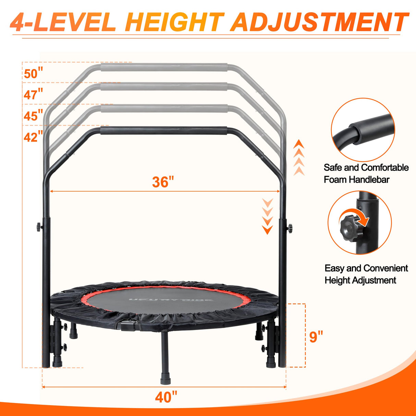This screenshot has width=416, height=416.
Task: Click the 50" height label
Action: click(34, 73)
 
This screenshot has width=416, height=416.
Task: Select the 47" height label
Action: click(33, 94)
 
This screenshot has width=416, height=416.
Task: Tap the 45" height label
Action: click(33, 115)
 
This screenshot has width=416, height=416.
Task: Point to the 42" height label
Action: click(33, 137)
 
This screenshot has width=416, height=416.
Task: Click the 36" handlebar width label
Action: click(163, 182)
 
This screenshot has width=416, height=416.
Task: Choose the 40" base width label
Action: click(166, 397)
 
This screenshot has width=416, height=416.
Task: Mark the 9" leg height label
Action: click(316, 337)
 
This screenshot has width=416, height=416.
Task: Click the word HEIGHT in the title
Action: click(175, 23)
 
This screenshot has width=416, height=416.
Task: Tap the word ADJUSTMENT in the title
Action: click(319, 23)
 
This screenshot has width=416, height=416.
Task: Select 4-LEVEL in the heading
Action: click(63, 23)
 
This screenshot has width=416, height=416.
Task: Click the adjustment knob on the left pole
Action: click(39, 227)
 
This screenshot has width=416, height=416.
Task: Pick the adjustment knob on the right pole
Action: click(290, 227)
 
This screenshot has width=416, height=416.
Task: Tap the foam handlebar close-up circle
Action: click(363, 130)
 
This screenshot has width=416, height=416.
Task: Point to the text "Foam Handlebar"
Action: click(356, 180)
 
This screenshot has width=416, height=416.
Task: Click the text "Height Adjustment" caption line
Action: click(360, 280)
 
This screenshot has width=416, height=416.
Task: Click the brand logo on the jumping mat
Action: click(171, 300)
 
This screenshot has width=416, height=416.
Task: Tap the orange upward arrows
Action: click(299, 157)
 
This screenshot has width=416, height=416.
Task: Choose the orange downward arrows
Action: click(267, 216)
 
